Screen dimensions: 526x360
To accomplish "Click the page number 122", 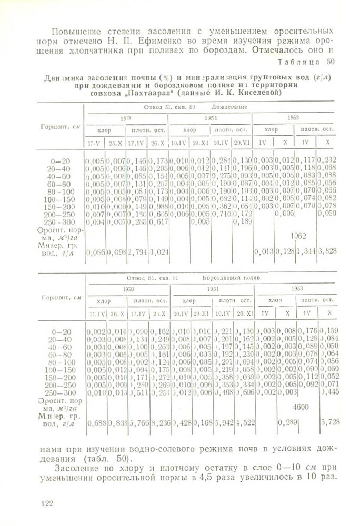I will pyautogui.click(x=44, y=503).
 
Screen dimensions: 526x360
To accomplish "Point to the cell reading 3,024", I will pyautogui.click(x=157, y=252).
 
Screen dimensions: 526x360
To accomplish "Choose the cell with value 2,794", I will pyautogui.click(x=136, y=252).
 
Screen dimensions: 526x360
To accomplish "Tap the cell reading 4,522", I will pyautogui.click(x=243, y=422).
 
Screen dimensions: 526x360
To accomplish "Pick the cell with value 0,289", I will pyautogui.click(x=285, y=422).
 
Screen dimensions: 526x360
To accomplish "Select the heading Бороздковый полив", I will pyautogui.click(x=229, y=277).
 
